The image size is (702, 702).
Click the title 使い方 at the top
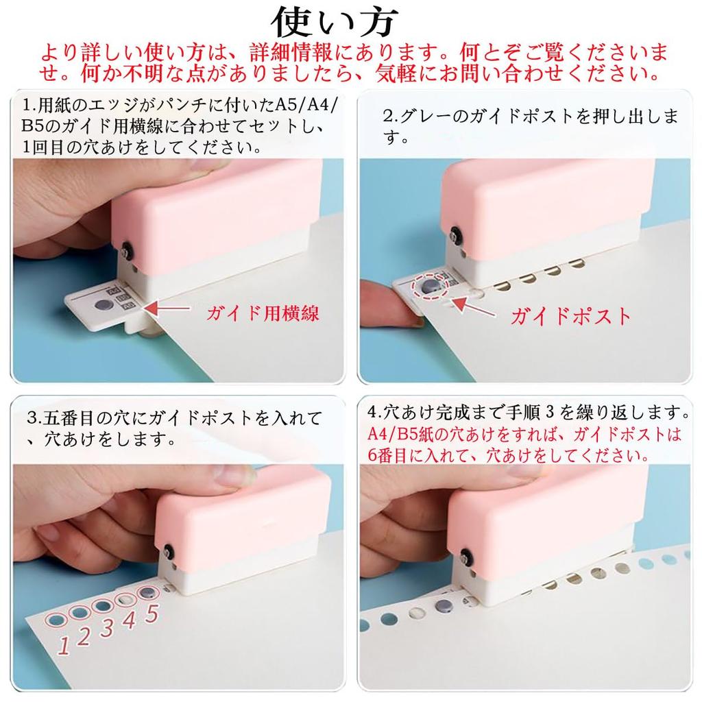click(x=334, y=22)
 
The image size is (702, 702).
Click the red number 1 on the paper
click(x=63, y=644)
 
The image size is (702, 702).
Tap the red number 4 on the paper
click(x=129, y=619)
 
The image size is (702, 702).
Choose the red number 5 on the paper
click(x=152, y=611)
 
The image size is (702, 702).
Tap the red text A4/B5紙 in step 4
click(x=399, y=434)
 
